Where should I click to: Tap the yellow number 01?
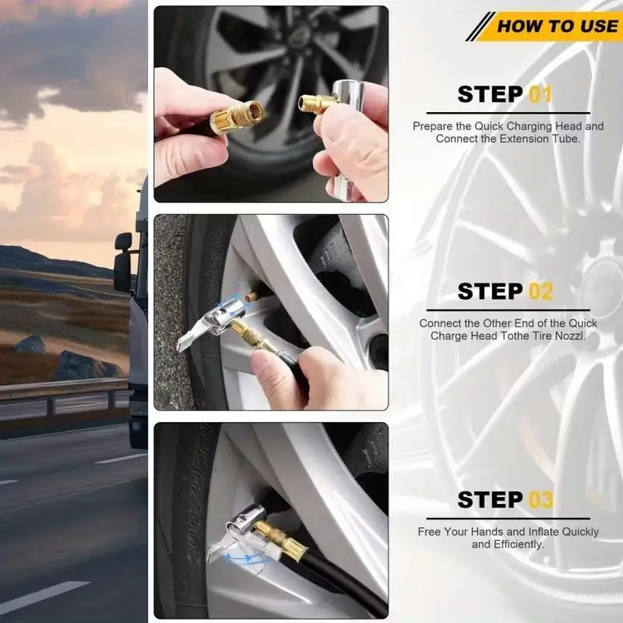tap(540, 95)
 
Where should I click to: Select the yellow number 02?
tap(540, 292)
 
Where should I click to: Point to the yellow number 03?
tap(540, 500)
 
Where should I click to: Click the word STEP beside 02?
tap(491, 292)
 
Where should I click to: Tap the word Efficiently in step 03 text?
tap(518, 544)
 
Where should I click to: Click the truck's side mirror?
tap(122, 261)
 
